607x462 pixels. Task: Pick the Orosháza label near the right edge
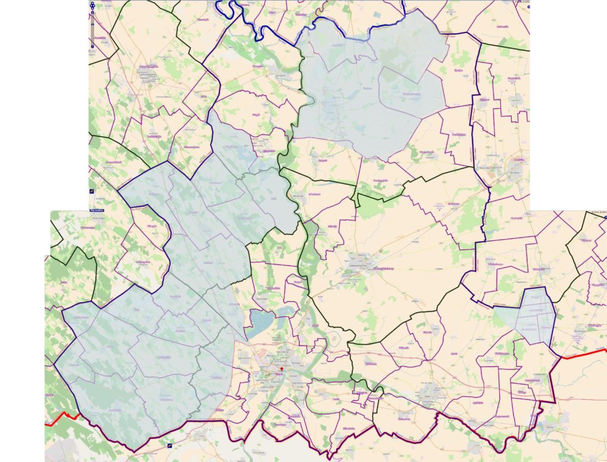click(x=519, y=159)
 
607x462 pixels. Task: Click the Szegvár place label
click(x=320, y=159)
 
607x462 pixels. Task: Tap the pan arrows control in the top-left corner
click(x=92, y=8)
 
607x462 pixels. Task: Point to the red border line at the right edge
click(x=584, y=354)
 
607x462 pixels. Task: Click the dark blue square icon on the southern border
click(x=170, y=444)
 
